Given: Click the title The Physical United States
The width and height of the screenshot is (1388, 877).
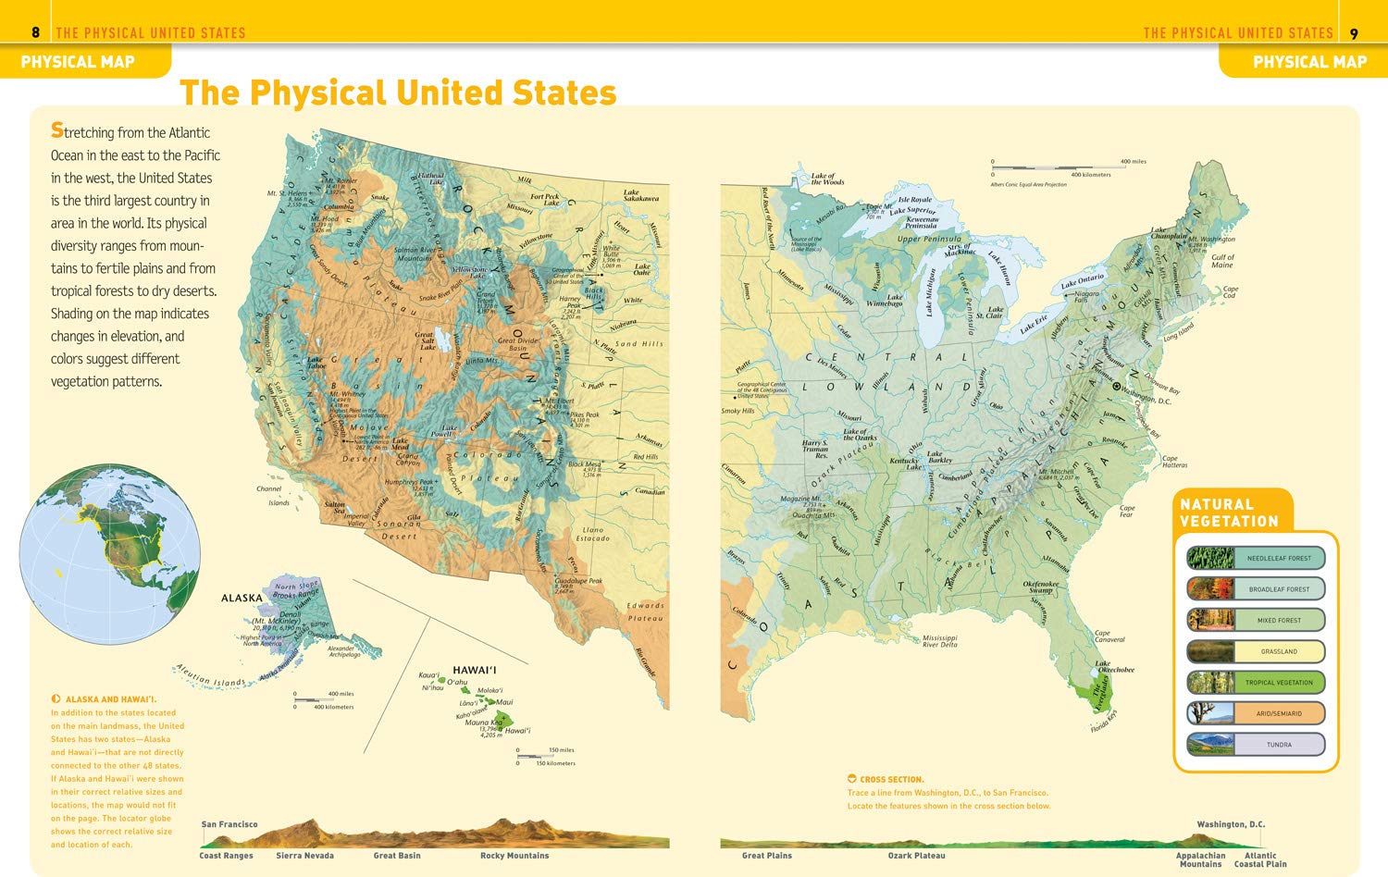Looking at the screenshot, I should tap(398, 93).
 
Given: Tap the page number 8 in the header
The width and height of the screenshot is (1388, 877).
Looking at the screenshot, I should tap(35, 33).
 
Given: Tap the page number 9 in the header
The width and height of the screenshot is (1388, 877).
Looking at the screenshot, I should tap(1354, 34).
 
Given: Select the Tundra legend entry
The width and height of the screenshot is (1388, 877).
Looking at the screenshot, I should tap(1256, 745).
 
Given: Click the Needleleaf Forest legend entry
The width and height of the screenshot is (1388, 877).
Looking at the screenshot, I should tap(1256, 558).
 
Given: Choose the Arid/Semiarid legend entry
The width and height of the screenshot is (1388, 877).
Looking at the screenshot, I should tap(1256, 713).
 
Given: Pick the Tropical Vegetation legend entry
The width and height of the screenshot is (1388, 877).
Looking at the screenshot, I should tap(1256, 683).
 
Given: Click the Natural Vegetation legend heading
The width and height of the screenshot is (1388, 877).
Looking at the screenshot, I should tap(1229, 513).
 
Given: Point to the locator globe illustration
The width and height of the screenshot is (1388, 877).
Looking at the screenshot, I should tap(109, 555).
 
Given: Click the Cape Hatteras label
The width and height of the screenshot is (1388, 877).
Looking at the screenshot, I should tap(1173, 462).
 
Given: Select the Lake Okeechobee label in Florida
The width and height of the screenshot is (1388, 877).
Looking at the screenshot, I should tap(1114, 666).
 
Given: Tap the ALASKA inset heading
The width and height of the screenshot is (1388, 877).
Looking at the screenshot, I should tap(242, 598).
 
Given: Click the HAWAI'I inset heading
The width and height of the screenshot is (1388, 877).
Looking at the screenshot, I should tap(474, 670).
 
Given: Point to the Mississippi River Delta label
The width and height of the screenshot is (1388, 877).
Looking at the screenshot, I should tap(939, 641).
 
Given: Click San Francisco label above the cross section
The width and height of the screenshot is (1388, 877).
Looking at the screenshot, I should tap(229, 824).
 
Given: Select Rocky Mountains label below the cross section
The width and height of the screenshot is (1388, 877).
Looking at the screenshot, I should tap(514, 856).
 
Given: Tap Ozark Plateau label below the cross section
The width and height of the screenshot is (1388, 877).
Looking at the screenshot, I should tap(916, 856).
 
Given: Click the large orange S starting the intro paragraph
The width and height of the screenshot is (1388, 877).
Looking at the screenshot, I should tap(57, 130).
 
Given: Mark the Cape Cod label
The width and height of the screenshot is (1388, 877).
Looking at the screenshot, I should tap(1230, 291).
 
